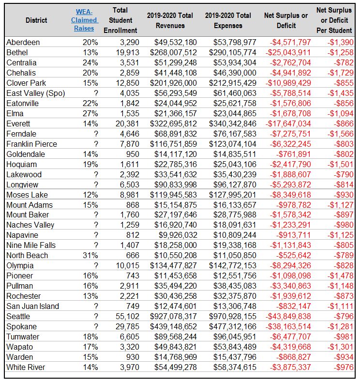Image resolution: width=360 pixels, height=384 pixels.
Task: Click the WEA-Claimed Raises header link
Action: point(85,20)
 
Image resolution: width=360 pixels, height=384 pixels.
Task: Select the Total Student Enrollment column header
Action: point(120,20)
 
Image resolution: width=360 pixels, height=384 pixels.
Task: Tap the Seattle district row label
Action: point(18,316)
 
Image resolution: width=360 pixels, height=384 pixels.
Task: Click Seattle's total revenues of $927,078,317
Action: point(173,316)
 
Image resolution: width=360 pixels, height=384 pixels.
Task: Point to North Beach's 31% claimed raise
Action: point(90,255)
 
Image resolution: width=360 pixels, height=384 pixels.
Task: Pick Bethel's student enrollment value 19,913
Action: point(127,52)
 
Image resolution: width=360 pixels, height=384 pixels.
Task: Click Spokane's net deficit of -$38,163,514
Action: point(288,327)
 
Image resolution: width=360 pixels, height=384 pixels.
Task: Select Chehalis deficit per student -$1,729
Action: point(341,73)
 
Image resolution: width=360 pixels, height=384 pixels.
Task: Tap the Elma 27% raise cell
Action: point(90,114)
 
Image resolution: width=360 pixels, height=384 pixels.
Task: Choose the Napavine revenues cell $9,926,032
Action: point(178,235)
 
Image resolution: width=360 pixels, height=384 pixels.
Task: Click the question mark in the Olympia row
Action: point(96,265)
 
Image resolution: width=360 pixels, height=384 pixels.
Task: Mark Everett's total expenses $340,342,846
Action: point(232,123)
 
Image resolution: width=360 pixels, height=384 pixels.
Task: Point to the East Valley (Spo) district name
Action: point(36,93)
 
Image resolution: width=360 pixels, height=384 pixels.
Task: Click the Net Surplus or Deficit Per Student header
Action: point(334,20)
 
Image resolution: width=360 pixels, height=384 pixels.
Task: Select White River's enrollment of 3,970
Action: point(130,368)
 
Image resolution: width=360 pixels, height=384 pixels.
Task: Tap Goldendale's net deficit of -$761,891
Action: point(293,154)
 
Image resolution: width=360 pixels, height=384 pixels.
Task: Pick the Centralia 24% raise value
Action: point(90,62)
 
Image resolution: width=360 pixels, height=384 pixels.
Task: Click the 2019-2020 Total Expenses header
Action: point(228,20)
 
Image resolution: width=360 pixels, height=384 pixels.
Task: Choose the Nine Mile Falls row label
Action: point(31,246)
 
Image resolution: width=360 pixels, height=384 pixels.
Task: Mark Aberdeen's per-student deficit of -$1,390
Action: point(341,42)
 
